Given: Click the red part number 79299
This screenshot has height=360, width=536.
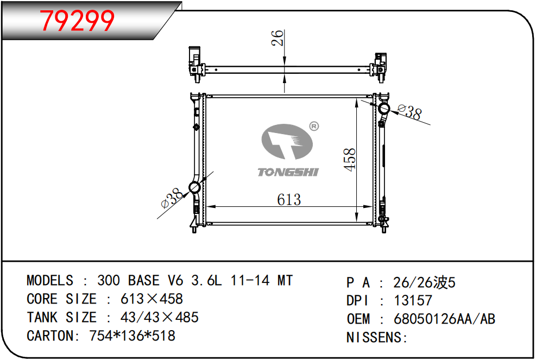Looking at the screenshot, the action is pyautogui.click(x=77, y=21).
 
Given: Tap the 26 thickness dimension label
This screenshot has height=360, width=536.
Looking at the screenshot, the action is pyautogui.click(x=278, y=38).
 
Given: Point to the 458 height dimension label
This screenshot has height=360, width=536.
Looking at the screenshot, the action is pyautogui.click(x=349, y=160).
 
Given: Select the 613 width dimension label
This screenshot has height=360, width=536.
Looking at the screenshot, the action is pyautogui.click(x=289, y=200).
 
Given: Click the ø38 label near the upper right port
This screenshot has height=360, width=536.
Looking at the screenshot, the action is pyautogui.click(x=410, y=111).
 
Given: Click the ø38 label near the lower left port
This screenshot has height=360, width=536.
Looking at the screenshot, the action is pyautogui.click(x=172, y=198).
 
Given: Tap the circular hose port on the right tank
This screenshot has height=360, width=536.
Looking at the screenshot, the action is pyautogui.click(x=383, y=109).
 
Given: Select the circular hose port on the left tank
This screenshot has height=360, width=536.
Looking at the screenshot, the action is pyautogui.click(x=194, y=188).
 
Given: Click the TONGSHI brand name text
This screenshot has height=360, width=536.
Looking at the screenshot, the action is pyautogui.click(x=288, y=172).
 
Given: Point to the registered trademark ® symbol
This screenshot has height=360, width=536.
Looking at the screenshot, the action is pyautogui.click(x=314, y=126).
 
